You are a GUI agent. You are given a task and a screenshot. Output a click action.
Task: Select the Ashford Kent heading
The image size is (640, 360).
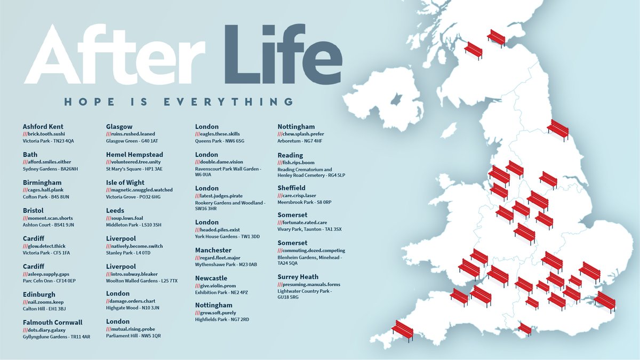tap(43, 126)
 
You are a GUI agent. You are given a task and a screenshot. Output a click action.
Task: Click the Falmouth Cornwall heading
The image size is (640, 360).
tap(53, 322)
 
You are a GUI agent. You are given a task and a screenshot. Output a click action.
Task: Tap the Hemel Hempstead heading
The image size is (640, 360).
tap(134, 155)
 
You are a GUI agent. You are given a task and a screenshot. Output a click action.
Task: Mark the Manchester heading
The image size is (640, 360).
tap(213, 250)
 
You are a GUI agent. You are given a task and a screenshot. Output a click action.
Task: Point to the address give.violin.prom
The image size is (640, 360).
tap(219, 285)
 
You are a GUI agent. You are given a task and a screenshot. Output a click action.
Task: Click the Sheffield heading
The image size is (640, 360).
tap(291, 188)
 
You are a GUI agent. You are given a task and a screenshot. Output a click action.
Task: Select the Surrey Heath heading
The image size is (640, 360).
tap(298, 277)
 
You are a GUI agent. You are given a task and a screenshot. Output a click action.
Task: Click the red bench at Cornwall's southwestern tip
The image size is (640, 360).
tap(403, 331)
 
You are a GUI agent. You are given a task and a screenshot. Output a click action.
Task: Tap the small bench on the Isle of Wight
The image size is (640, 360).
tap(525, 329)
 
